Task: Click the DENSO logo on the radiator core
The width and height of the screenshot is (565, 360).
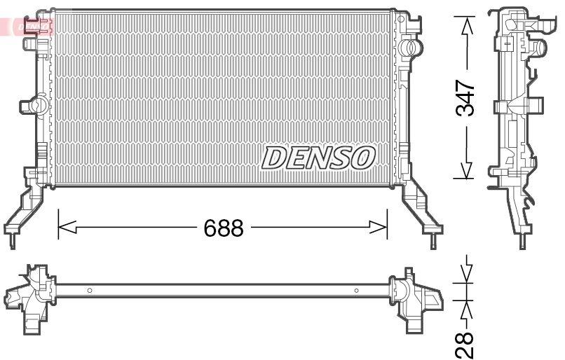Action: (318, 158)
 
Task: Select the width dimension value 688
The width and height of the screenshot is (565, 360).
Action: (223, 228)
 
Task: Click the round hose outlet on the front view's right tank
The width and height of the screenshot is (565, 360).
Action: (413, 48)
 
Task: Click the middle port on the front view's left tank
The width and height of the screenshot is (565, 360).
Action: (29, 105)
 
